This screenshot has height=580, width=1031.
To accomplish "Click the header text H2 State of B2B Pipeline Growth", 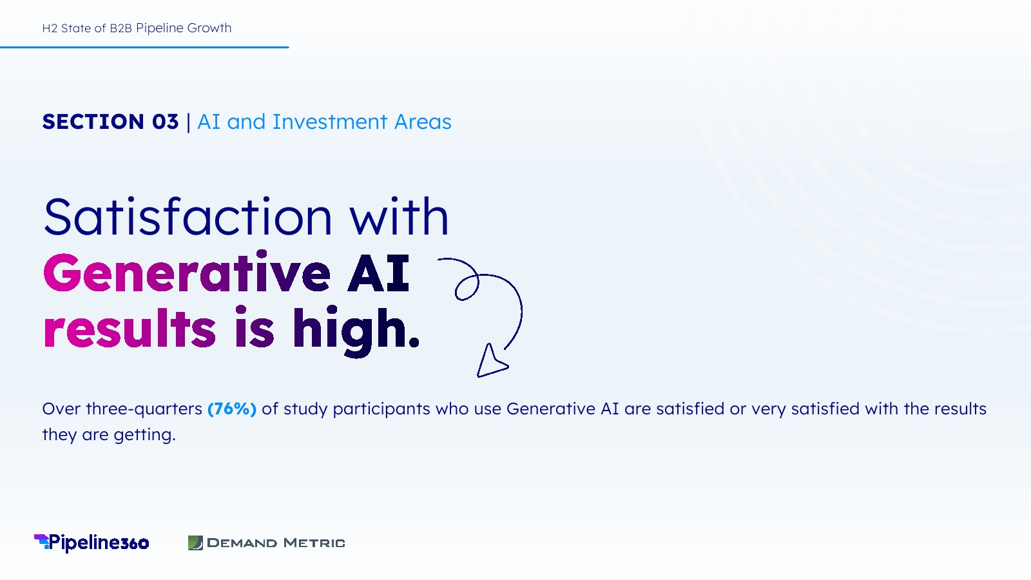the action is (137, 28).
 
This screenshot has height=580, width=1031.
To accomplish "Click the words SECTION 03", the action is (110, 122).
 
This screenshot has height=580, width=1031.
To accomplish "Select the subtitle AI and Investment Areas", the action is (324, 122).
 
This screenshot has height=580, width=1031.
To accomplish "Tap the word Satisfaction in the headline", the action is (188, 217).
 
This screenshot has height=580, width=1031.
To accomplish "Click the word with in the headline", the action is (399, 217).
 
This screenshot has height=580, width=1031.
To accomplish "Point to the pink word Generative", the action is (187, 273).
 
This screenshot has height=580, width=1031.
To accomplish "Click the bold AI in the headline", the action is (378, 273).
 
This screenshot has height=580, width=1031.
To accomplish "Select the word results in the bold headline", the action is (130, 327).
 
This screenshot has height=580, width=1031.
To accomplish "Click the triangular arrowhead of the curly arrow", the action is (490, 362).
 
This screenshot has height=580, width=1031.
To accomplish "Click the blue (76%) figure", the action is (232, 409).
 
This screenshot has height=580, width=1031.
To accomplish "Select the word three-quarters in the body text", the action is (144, 409).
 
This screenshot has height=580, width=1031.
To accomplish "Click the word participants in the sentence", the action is (381, 409).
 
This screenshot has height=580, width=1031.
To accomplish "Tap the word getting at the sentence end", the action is (144, 435).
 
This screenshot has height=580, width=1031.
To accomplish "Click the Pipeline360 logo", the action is (92, 543).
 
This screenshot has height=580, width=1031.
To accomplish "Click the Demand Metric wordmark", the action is (276, 543).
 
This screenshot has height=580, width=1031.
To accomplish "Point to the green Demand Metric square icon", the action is (196, 543).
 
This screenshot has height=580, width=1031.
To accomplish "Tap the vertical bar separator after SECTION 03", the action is (188, 122).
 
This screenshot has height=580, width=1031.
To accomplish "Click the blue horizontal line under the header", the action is (144, 47).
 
